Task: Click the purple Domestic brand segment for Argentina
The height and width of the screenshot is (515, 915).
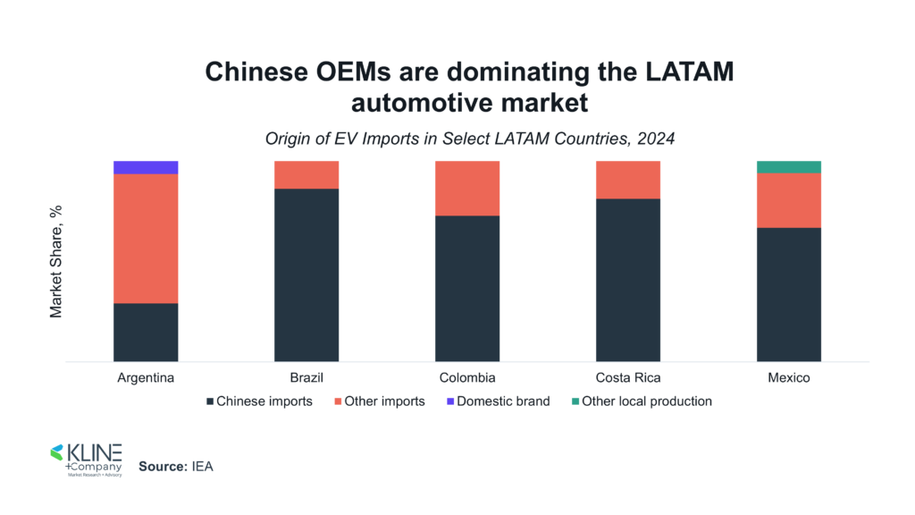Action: pos(146,167)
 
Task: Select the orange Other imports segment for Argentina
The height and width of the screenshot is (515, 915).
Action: pos(146,238)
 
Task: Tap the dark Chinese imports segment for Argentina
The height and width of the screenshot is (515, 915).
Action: pos(146,332)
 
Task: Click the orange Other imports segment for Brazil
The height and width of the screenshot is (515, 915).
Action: pos(306,174)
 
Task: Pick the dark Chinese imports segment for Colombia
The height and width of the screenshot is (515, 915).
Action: pos(467,288)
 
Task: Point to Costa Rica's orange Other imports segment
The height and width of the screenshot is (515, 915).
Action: pos(628,180)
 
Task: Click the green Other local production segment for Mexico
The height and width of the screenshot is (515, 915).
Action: pos(789,166)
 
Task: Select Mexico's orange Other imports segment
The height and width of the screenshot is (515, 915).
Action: pos(789,199)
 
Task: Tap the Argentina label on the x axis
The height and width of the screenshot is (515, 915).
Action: pos(146,378)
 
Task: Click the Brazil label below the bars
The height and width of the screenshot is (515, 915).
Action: pos(306,378)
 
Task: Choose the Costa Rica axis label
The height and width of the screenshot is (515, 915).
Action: pos(628,378)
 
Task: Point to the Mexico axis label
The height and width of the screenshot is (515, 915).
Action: pos(789,378)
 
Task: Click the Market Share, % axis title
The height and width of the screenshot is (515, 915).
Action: pos(56,261)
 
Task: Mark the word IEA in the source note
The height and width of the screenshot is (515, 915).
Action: pos(202,467)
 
